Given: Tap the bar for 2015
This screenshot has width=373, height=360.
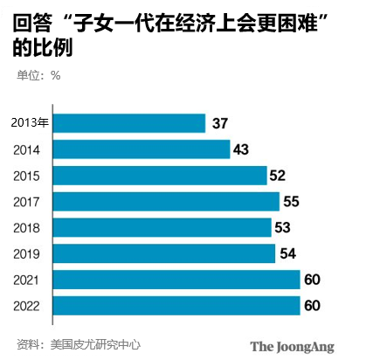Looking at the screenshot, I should click(162, 176).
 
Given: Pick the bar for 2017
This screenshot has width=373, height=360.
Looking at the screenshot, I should click(168, 202).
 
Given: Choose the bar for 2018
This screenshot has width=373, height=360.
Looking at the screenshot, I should click(163, 228).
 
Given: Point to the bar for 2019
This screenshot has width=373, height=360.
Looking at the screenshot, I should click(166, 253).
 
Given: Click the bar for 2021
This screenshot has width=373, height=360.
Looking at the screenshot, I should click(178, 280).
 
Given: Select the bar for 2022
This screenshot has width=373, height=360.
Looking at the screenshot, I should click(178, 306).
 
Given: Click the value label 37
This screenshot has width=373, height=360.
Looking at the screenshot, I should click(220, 123).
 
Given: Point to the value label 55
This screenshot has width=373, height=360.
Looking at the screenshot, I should click(292, 202).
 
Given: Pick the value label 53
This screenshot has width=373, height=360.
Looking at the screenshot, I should click(283, 228).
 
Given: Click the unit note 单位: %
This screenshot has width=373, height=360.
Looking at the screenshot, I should click(38, 75).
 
